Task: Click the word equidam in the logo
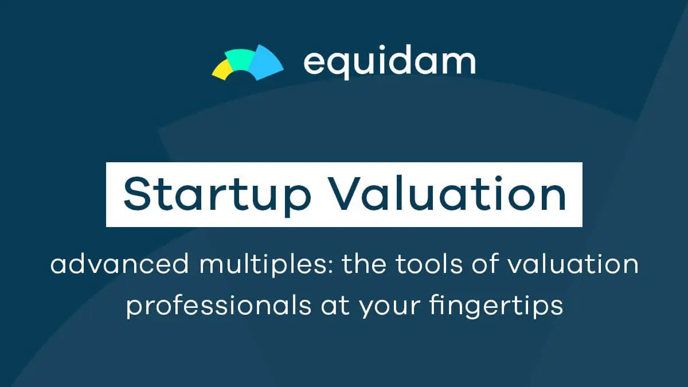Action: tap(390, 62)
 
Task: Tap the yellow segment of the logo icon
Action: tap(222, 70)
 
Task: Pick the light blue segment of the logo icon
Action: tap(264, 63)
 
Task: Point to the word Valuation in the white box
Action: tap(449, 194)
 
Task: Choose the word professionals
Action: tap(219, 306)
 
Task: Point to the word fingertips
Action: tap(497, 306)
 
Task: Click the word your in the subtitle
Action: tap(390, 308)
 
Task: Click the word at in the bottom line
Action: tap(335, 306)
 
